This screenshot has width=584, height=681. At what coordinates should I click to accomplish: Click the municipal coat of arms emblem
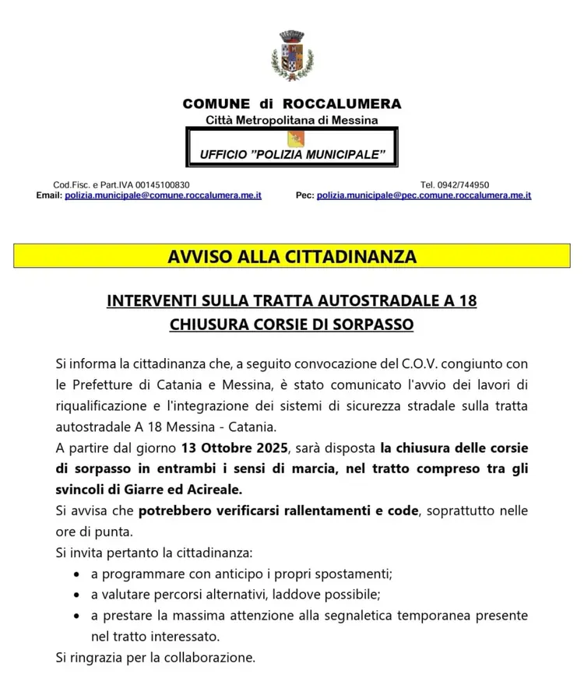coord(291,58)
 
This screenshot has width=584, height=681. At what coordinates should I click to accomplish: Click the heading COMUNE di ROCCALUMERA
coord(292,104)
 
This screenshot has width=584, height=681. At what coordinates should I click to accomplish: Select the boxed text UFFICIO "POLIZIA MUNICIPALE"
coord(292,156)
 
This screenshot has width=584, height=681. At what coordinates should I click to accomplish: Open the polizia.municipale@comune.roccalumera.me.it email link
coord(163,195)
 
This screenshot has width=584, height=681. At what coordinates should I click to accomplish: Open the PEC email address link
coord(424,195)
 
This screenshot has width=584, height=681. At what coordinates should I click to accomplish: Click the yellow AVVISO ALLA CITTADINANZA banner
coord(292,256)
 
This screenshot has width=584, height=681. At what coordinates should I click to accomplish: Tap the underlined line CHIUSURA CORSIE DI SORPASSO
coord(292,324)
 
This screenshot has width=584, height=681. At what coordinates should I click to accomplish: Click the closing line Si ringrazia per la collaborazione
coord(156,658)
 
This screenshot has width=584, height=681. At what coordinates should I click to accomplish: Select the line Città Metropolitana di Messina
coord(292,120)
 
